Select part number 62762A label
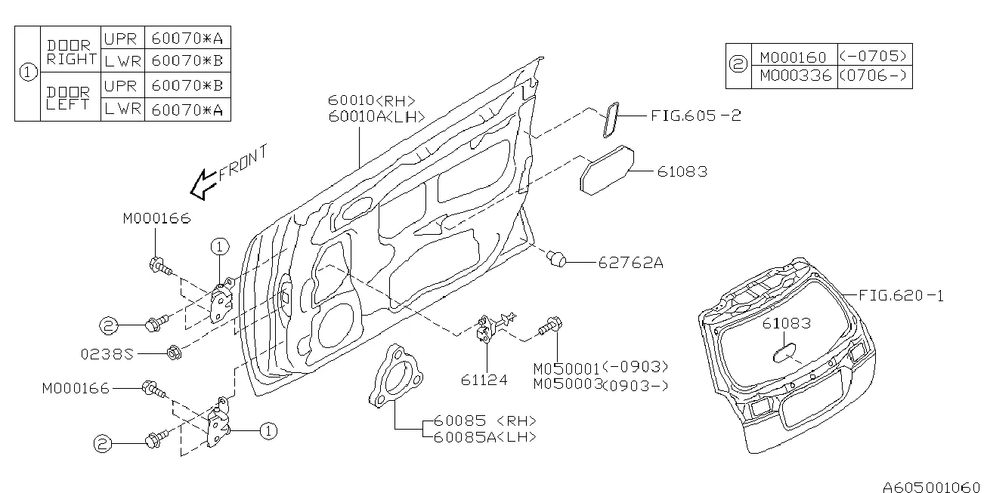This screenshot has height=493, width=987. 630,263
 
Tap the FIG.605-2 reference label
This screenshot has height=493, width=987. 696,116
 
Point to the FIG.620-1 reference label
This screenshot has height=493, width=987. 902,295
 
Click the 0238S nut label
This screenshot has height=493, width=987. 107,354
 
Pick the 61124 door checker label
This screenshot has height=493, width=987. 484,380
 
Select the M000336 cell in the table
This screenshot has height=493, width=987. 795,75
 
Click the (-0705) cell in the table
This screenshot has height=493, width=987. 874,56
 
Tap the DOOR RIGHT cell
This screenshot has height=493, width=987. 71,52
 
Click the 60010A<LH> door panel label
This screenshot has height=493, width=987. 376,117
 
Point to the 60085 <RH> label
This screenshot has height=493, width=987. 485,421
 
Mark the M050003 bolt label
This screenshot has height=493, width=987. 568,384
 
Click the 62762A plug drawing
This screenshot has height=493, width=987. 556,259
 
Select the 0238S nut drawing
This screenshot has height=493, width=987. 174,353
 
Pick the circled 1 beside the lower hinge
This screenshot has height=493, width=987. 268,431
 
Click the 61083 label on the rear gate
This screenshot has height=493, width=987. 786,324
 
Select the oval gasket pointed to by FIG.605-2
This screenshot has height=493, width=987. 611,120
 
